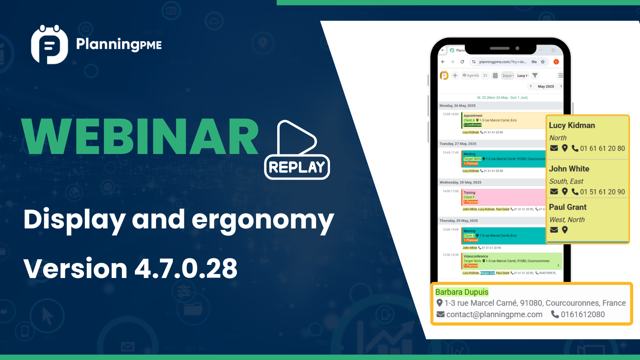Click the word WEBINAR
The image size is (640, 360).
[140, 137]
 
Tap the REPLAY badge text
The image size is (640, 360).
[297, 167]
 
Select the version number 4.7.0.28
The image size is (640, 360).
[186, 268]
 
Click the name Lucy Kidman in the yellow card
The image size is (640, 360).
[572, 125]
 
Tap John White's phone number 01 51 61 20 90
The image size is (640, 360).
[602, 192]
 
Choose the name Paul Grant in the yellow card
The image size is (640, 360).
[568, 207]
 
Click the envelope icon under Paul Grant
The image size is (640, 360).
[554, 230]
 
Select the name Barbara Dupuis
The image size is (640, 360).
[462, 292]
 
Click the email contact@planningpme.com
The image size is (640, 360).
[494, 314]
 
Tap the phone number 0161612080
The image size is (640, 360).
[582, 314]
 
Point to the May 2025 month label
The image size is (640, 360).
[546, 86]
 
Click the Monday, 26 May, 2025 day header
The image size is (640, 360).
[458, 106]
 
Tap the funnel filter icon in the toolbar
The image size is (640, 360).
[535, 76]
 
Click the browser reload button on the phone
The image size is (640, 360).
[462, 62]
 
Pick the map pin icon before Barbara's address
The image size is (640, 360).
[440, 303]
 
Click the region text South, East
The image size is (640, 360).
[566, 181]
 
